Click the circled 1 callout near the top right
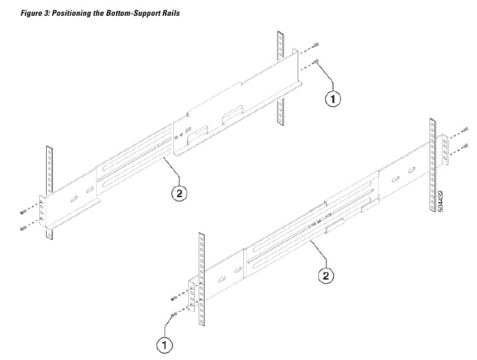pos(333,98)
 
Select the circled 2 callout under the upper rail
pos(177,194)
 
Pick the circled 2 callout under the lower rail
pos(326,275)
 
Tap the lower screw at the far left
pos(23,227)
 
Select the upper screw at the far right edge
pos(466,128)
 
